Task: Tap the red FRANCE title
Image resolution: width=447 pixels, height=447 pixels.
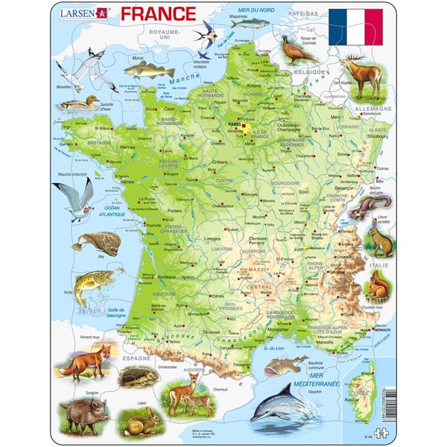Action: (158, 13)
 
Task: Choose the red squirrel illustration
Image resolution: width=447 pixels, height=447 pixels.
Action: (378, 287)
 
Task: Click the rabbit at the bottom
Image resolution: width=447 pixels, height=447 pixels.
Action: (145, 422)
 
